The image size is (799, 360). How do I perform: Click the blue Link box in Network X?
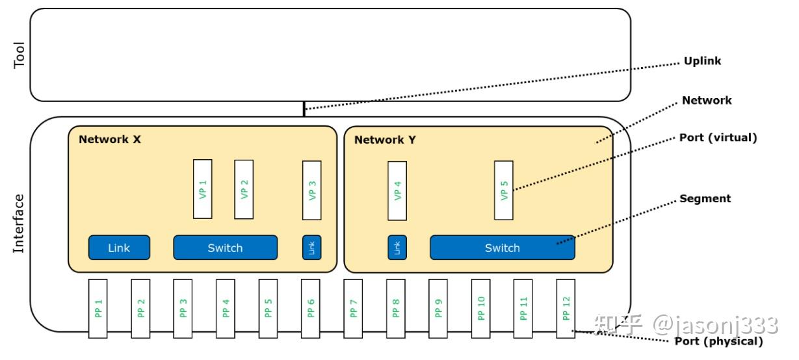point(119,248)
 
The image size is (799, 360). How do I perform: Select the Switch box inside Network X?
point(225,248)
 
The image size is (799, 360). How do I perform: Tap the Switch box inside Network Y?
point(502,248)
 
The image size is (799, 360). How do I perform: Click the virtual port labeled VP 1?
point(203,189)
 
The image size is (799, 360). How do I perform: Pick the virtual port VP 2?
point(244,189)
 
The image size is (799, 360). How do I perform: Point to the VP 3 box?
point(312,189)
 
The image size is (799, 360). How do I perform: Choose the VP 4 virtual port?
point(397,190)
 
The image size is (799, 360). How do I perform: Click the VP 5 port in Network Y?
point(504,190)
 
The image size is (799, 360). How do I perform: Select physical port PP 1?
point(98,308)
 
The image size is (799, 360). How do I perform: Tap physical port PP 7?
point(353,308)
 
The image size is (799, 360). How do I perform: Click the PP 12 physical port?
point(566,308)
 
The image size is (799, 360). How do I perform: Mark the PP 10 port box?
point(480,308)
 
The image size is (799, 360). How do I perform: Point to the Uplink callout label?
point(702,61)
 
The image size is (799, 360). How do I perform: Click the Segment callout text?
point(705,198)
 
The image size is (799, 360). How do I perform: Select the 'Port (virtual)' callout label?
point(718,138)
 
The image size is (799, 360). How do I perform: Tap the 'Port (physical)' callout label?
point(720,341)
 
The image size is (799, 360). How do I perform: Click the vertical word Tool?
point(20,55)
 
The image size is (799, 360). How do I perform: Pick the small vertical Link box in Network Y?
point(397,248)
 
